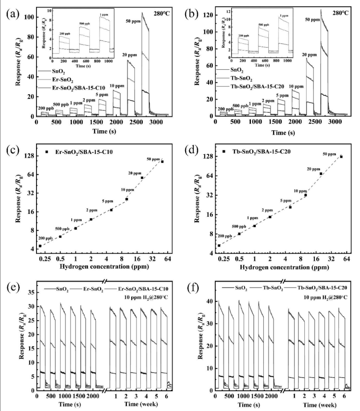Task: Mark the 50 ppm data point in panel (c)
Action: click(x=162, y=162)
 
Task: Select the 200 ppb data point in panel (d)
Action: click(x=219, y=246)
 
